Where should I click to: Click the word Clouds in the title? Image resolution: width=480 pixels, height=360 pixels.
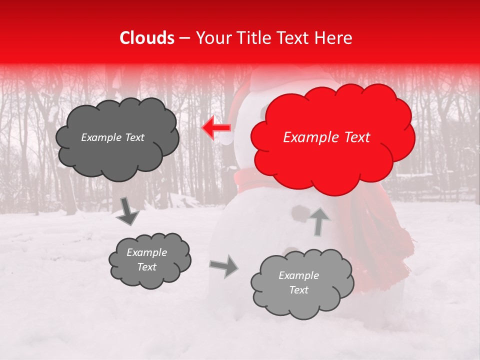147,38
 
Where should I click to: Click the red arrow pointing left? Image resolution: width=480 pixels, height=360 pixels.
216,128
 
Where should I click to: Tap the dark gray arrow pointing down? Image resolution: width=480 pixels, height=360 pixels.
128,211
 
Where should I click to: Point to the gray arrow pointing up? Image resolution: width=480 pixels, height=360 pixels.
318,220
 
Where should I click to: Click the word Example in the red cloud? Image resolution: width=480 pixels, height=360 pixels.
310,137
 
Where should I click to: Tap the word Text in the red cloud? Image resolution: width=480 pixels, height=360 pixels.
356,137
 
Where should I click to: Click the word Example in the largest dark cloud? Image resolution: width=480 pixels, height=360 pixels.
100,137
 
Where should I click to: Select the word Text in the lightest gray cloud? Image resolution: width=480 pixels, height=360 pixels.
298,290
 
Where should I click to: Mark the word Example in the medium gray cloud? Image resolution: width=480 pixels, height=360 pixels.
146,252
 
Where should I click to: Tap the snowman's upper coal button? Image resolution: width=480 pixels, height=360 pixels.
300,213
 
